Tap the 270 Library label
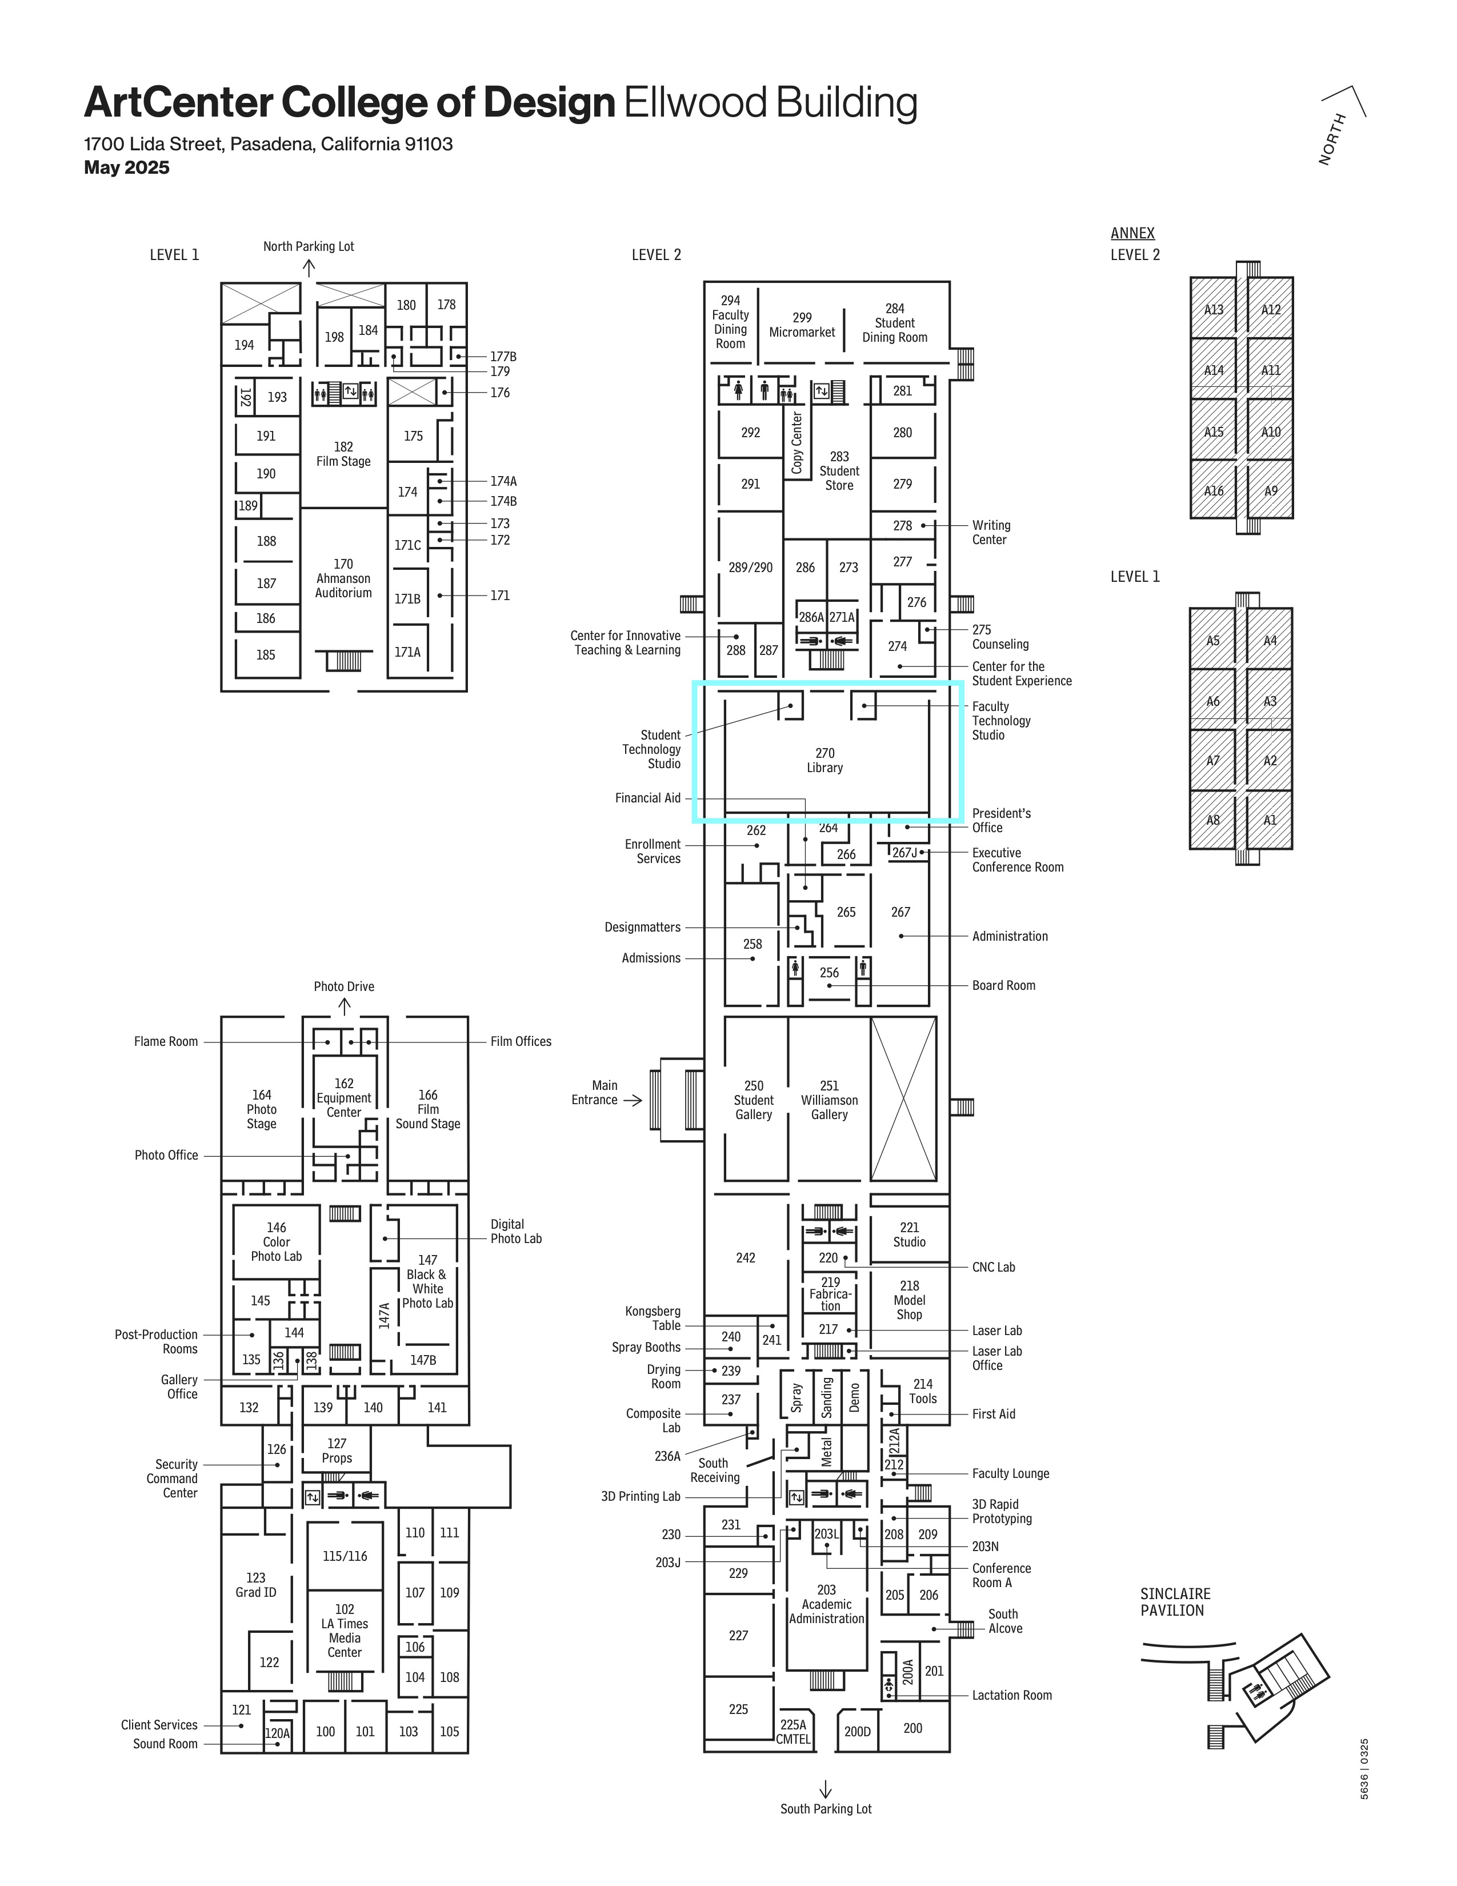point(824,760)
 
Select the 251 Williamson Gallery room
point(828,1098)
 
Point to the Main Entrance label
point(595,1092)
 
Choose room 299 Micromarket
point(802,325)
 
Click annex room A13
point(1214,308)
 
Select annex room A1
point(1270,820)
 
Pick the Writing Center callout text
point(991,532)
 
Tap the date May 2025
point(127,167)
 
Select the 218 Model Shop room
point(909,1300)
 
